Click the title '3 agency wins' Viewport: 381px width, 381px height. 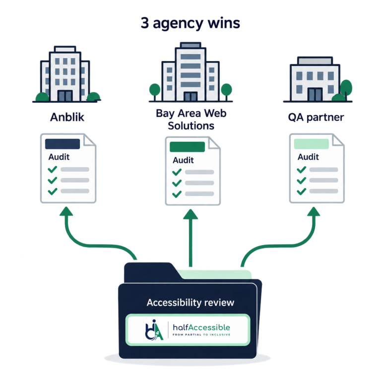[x=190, y=23]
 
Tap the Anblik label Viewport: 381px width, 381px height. [x=67, y=118]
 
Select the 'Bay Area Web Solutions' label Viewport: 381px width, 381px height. [x=191, y=120]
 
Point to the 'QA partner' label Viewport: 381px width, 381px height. [x=316, y=118]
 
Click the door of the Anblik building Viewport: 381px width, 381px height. [x=65, y=96]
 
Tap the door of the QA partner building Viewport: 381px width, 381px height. [x=315, y=94]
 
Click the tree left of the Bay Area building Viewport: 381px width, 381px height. [x=155, y=92]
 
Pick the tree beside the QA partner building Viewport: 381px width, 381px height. [x=346, y=89]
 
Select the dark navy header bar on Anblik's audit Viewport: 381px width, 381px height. [x=63, y=144]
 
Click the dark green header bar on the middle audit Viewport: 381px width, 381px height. [x=187, y=147]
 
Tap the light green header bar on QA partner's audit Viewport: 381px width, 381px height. [x=311, y=144]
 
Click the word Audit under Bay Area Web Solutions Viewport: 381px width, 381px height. [x=183, y=160]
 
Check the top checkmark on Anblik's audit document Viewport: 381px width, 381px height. [x=53, y=169]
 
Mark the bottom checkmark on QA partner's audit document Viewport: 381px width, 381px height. [x=301, y=191]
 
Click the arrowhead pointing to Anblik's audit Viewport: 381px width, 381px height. [x=66, y=211]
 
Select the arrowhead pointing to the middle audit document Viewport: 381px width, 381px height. [x=190, y=214]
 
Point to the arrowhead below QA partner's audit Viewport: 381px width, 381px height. [x=314, y=211]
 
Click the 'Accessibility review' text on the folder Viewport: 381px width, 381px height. [x=190, y=303]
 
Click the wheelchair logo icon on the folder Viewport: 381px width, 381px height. [x=154, y=330]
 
